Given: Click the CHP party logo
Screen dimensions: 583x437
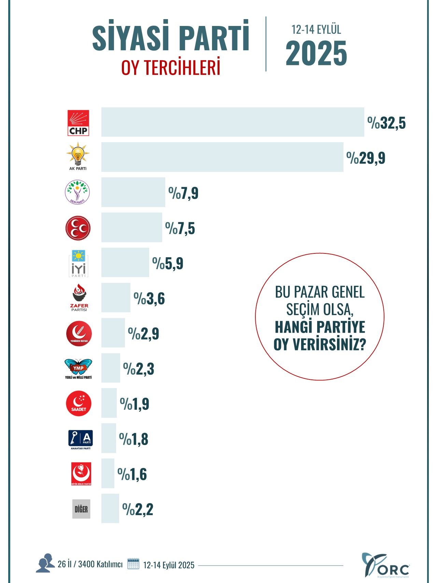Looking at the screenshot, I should pos(78,123).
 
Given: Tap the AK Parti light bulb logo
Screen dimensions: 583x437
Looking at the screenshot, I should pos(78,156).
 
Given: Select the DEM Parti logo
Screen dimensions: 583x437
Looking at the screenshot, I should pos(77,192).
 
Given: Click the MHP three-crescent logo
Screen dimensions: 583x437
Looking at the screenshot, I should pos(78,228).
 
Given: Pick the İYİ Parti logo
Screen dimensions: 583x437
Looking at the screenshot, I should pos(78,263).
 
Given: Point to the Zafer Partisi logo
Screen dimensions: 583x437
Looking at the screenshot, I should pos(79,297).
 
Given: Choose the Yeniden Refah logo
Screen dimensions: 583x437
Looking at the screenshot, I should pos(79,334).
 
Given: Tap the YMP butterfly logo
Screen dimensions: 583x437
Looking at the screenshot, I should pos(79,368).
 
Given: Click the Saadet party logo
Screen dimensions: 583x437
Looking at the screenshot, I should pos(79,404).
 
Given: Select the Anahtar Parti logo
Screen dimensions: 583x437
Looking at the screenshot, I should pos(81,439).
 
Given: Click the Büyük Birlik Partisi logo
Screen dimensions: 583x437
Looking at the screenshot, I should pos(81,474).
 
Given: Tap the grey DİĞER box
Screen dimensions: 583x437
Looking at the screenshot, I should pos(81,509).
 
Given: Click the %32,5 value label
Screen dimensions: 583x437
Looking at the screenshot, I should pos(386,123).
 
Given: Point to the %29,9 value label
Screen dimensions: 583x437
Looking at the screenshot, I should pos(366,158).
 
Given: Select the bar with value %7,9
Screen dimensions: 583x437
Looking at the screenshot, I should pos(133,192).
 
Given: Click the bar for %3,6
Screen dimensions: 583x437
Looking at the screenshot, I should pos(116,297).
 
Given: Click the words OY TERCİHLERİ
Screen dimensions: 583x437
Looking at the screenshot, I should pos(171,68).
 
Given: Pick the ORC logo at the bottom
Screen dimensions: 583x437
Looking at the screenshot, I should pos(385,565).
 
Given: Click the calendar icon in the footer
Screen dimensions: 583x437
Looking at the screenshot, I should pos(133,564).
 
